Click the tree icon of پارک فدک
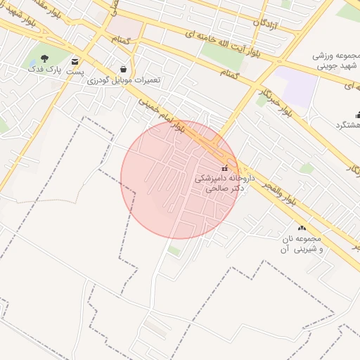(45, 58)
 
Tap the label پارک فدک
(45, 69)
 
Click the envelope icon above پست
(75, 62)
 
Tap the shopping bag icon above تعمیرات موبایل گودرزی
(124, 69)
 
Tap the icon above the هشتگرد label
(357, 115)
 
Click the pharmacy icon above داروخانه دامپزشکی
(225, 168)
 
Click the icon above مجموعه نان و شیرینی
(302, 228)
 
